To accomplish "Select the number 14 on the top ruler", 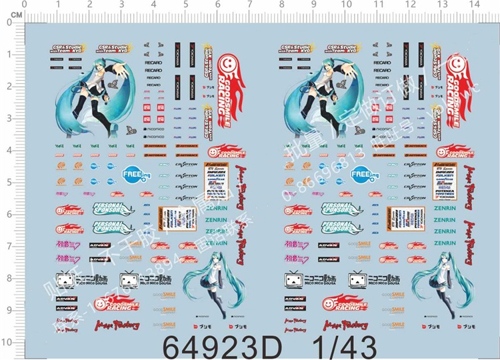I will [x=474, y=5].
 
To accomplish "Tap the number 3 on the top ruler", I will [x=121, y=5].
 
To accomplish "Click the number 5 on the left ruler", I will [x=10, y=182].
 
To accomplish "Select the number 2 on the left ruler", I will [x=10, y=86].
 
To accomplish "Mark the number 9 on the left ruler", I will [x=10, y=310].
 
